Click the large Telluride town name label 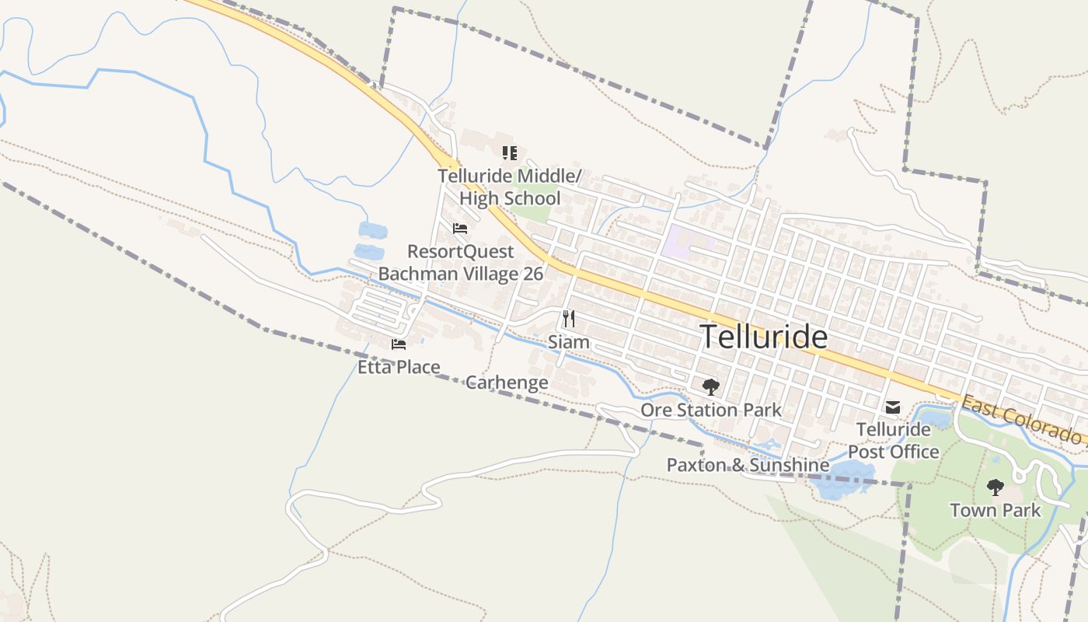pos(763,337)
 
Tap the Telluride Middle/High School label pos(509,187)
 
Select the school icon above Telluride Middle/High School pos(509,152)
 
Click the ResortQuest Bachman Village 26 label pos(460,263)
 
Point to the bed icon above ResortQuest pos(460,229)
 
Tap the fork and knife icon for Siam pos(569,319)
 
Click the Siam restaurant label pos(568,342)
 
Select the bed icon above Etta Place pos(399,344)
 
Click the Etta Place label pos(399,367)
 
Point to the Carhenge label pos(507,383)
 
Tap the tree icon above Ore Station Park pos(710,386)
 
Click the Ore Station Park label pos(710,410)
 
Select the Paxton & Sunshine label pos(748,465)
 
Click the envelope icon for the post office pos(893,407)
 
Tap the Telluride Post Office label pos(893,440)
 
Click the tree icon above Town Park pos(996,487)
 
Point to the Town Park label pos(996,511)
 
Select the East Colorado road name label pos(1022,420)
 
